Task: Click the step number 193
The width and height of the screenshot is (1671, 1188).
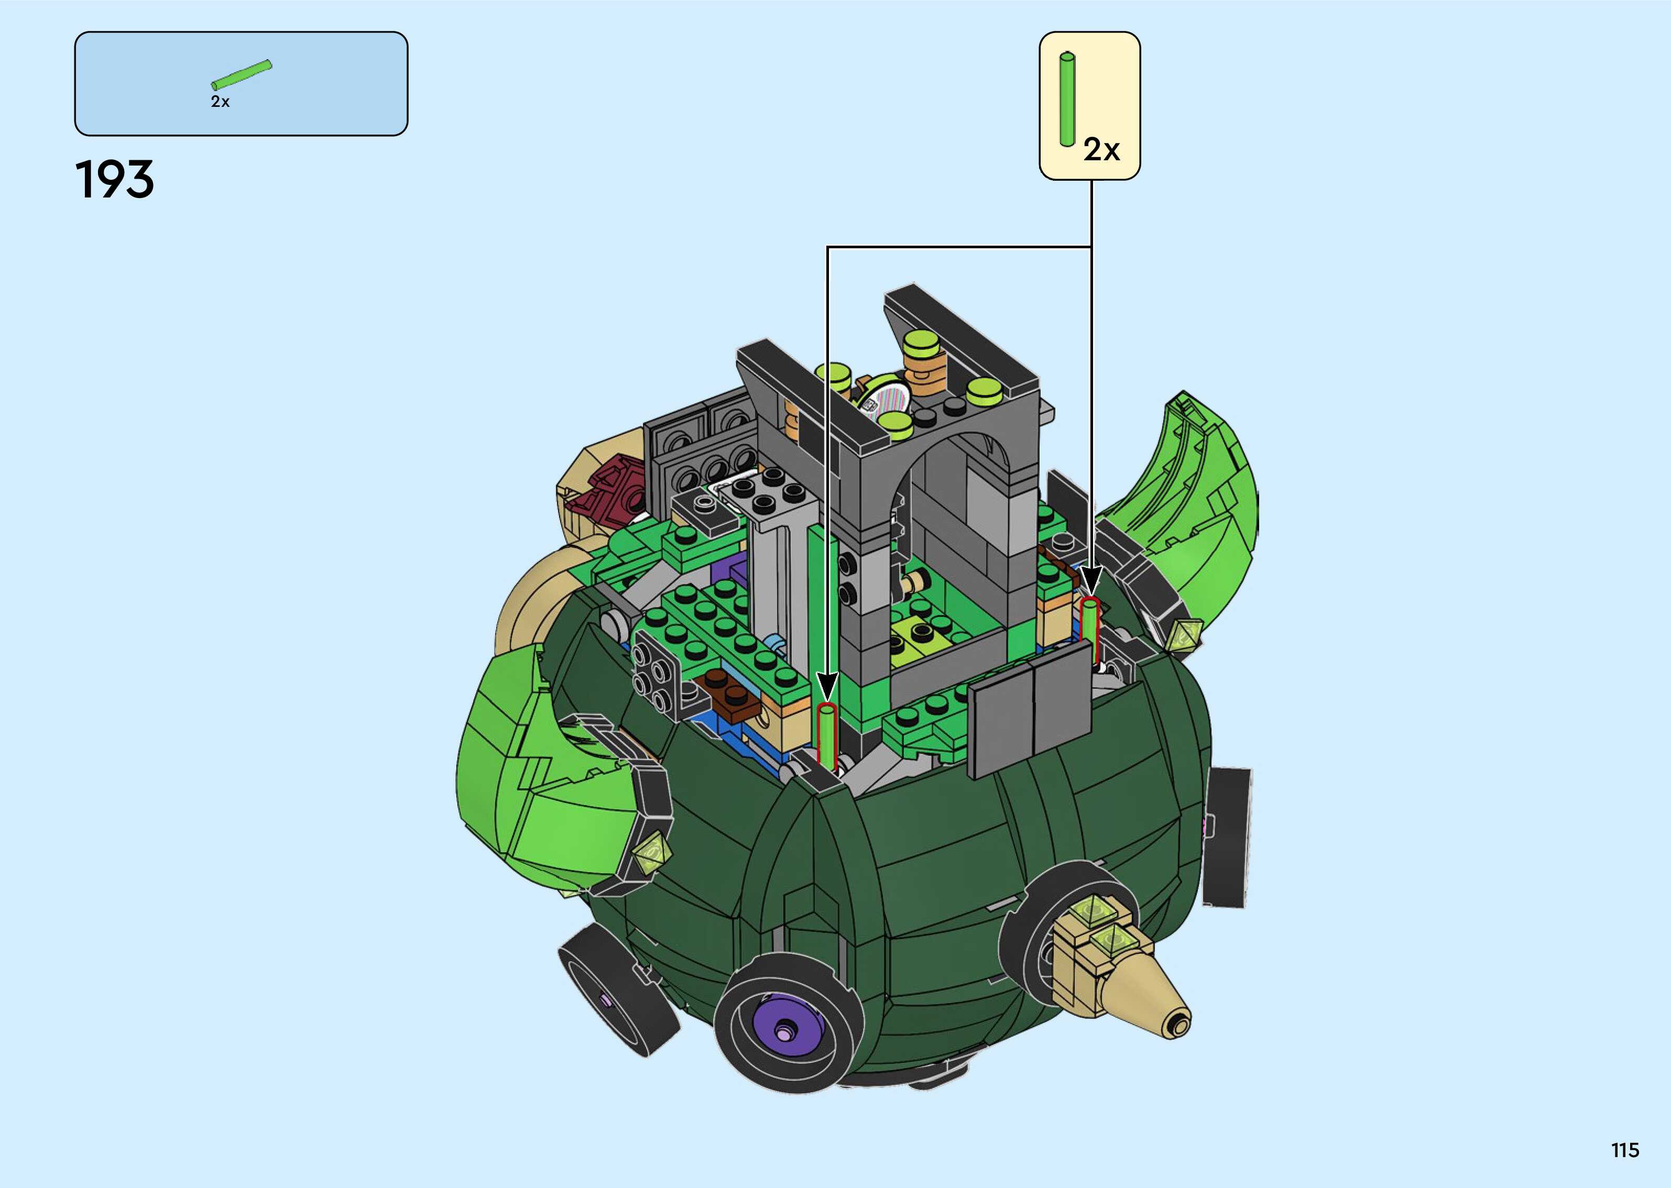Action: (x=115, y=180)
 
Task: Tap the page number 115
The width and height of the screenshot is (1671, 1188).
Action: (x=1625, y=1150)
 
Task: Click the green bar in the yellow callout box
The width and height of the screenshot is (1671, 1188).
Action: (x=1067, y=99)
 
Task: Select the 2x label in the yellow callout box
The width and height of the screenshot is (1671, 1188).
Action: (x=1101, y=149)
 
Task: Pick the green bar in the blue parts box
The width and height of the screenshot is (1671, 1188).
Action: (x=242, y=74)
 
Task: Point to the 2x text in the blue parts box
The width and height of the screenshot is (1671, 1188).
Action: (x=220, y=102)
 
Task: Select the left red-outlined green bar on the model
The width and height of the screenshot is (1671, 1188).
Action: (x=827, y=736)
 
